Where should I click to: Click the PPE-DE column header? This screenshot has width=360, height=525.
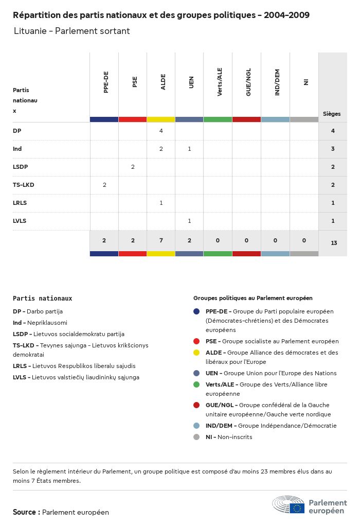point(105,82)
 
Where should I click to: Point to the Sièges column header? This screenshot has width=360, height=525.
point(332,114)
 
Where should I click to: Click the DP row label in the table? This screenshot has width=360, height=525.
point(17,131)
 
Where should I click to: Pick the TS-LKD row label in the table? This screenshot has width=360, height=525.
point(24,185)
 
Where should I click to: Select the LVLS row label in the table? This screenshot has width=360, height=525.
point(20,221)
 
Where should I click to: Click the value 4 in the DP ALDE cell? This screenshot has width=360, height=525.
point(161,131)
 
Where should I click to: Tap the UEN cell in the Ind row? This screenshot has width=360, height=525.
point(189,149)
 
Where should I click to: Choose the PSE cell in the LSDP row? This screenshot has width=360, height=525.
point(133,167)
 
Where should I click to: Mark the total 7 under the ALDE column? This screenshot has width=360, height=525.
point(161,240)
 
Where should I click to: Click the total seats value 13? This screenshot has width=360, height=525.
point(333,242)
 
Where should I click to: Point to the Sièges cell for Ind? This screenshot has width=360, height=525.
point(333,149)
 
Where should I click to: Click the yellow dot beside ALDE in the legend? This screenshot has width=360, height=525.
point(196,353)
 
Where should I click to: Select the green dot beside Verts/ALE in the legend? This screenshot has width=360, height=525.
point(196,384)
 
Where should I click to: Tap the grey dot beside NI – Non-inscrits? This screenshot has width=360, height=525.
point(196,437)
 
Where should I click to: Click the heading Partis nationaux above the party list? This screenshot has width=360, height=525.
point(42,299)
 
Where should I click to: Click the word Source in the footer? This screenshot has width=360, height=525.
point(24,512)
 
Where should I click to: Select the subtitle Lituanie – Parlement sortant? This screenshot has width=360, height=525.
point(71,31)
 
